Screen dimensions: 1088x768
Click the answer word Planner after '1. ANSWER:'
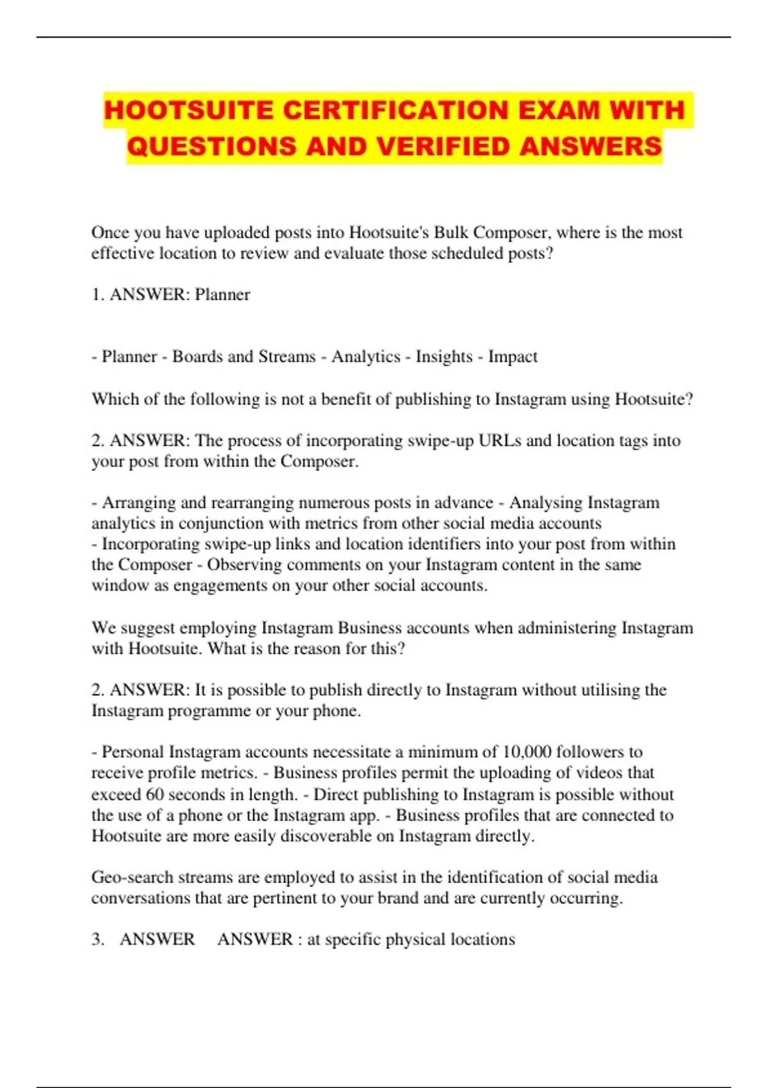point(222,294)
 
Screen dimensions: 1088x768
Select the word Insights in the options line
point(444,356)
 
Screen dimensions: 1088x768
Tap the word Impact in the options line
point(513,356)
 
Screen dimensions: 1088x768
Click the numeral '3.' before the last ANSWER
point(98,940)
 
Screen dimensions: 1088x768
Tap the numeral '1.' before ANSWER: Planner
point(98,294)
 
